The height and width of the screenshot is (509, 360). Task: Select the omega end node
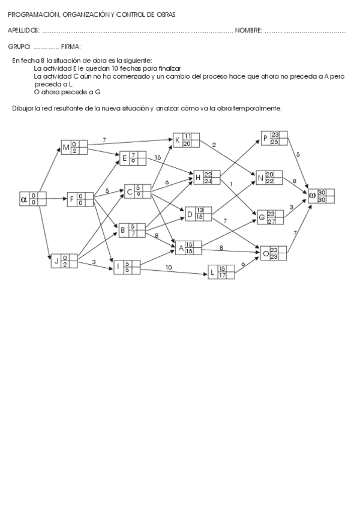321,196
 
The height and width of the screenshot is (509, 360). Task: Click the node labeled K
186,140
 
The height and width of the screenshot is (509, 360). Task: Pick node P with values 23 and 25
274,138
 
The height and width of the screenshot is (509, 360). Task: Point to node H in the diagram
207,178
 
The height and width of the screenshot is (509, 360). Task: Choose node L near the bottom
221,272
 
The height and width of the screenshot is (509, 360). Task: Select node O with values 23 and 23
273,253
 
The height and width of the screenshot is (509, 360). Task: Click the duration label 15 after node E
158,157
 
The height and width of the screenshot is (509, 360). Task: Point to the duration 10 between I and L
169,267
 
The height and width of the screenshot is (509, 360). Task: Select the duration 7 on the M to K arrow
104,140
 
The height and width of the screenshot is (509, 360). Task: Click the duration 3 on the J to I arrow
94,262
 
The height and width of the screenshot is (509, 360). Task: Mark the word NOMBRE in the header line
248,31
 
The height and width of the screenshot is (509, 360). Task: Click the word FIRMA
71,46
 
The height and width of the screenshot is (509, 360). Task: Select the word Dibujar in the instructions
23,108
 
